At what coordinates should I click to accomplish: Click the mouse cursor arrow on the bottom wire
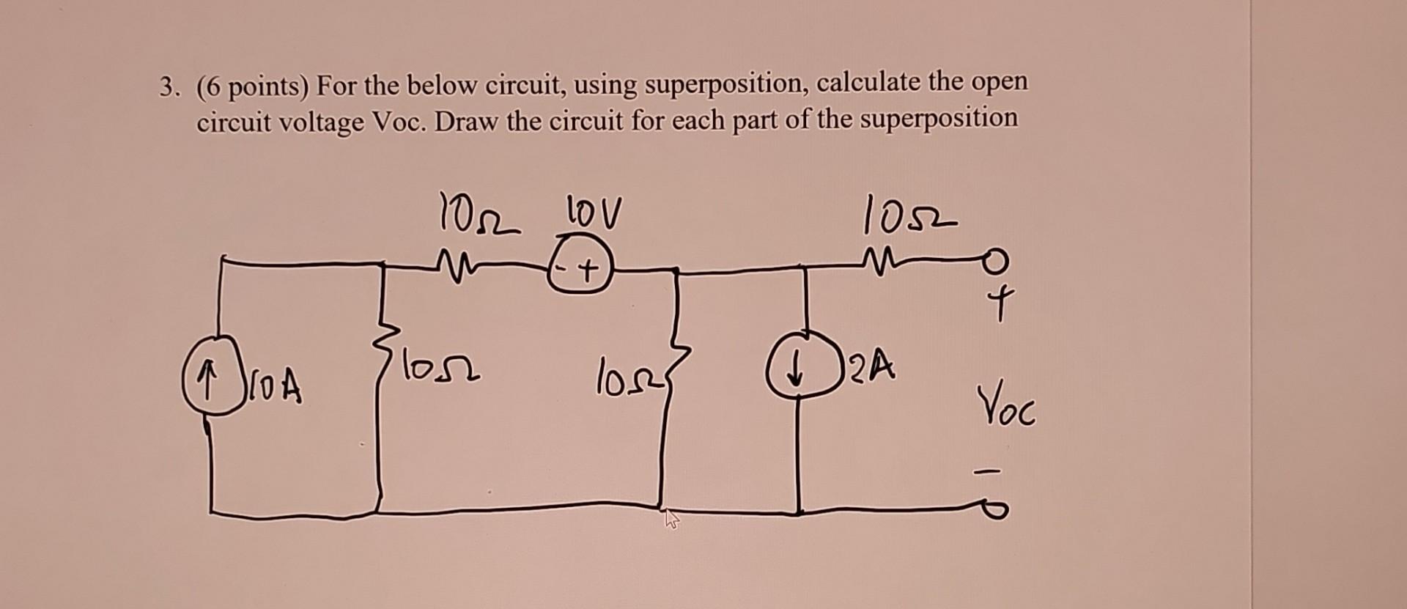(671, 520)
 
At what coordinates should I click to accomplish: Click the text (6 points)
(254, 89)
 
